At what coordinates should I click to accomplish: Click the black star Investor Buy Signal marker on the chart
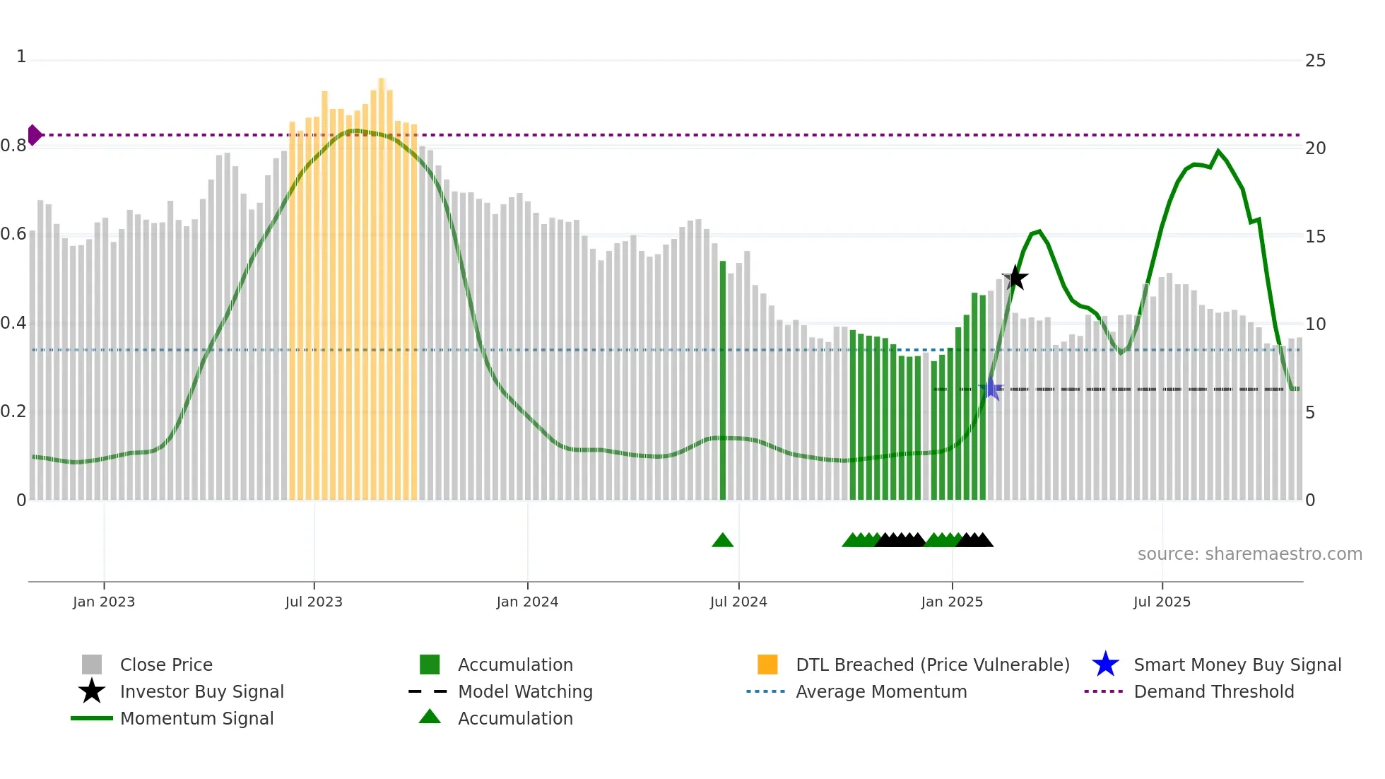(1015, 278)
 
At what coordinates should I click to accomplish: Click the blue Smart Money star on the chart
(991, 389)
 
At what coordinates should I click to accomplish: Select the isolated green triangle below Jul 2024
(722, 541)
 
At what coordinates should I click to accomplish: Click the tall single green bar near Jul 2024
(722, 382)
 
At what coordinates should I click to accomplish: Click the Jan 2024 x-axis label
(527, 602)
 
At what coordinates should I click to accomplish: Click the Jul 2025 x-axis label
(1162, 602)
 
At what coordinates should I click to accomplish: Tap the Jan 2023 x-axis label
(104, 602)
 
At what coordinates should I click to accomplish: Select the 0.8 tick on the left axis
(13, 146)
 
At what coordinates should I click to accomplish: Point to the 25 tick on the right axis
(1315, 61)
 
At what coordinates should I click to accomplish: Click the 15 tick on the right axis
(1315, 237)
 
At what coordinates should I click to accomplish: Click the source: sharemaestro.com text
(1249, 554)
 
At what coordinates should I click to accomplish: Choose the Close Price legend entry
(166, 664)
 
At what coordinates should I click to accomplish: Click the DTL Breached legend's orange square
(767, 664)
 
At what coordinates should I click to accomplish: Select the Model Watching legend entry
(525, 691)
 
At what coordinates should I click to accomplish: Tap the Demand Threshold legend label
(1213, 691)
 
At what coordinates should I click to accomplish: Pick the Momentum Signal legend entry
(196, 718)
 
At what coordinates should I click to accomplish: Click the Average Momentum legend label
(881, 691)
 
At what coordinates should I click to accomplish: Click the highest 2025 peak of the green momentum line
(1218, 151)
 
